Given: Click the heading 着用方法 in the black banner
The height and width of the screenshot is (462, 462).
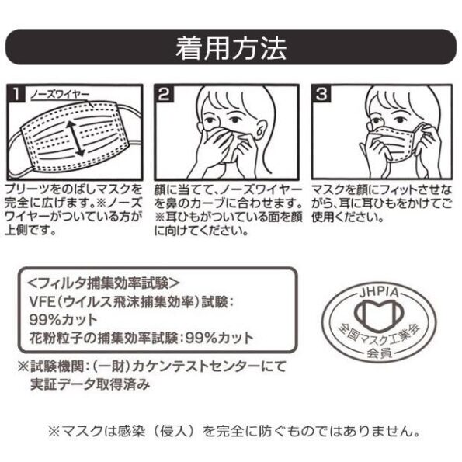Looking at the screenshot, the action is (231, 47).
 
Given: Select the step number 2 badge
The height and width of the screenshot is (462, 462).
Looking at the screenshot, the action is (164, 94).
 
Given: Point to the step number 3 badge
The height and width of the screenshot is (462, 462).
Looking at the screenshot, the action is (321, 94).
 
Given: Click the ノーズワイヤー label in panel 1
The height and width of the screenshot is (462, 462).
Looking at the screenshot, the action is (60, 95).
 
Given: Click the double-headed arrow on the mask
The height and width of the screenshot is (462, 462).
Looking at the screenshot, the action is (75, 138).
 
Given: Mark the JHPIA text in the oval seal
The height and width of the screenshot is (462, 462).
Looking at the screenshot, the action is (379, 293).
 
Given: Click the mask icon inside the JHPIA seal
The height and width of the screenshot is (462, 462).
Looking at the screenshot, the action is (379, 315).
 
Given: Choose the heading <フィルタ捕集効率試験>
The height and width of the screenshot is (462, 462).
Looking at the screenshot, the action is (103, 283).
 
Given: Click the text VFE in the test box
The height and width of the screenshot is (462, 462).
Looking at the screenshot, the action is (42, 302).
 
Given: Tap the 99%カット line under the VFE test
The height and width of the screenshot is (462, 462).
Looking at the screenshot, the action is (64, 320).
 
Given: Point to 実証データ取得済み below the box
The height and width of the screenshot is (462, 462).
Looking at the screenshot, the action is (90, 384).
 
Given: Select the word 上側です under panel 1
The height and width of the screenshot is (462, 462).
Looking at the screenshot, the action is (30, 230).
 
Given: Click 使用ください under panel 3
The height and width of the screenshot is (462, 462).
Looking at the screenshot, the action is (348, 217).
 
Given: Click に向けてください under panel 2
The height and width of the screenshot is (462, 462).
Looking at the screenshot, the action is (201, 231).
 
